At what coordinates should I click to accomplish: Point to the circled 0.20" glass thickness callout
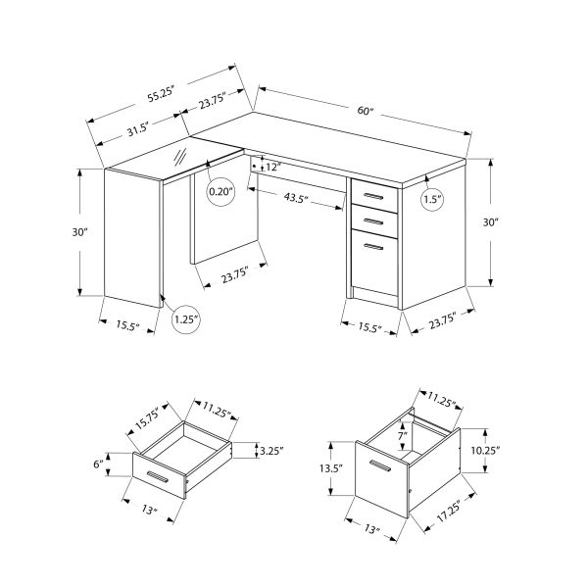221,191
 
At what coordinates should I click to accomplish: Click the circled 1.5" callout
431,200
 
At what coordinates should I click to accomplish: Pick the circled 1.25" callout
186,318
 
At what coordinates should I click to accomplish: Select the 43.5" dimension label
296,199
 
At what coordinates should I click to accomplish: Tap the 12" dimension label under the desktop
271,168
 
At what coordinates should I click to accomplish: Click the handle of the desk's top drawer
373,194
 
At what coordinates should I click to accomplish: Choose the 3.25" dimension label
270,451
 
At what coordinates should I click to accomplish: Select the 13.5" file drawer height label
330,467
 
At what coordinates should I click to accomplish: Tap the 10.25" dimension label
485,450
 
